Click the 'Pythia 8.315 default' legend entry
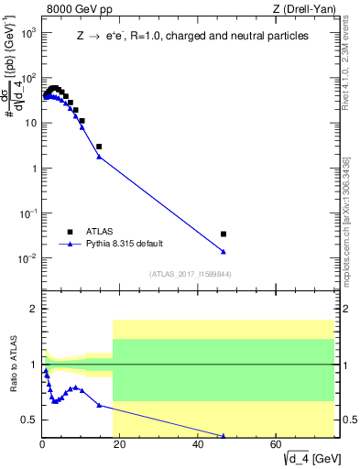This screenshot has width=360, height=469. tap(129, 245)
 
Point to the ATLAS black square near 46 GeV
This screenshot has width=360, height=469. tap(224, 234)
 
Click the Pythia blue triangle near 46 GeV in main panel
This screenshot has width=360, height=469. tap(224, 252)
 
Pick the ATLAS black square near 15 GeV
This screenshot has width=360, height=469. tap(99, 147)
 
